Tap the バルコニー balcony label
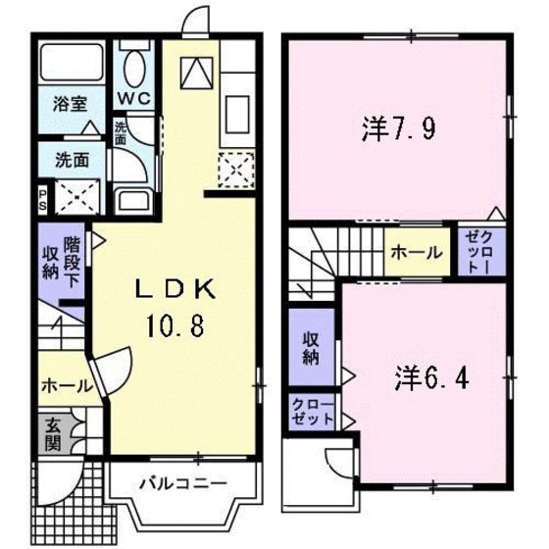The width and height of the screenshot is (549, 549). (182, 483)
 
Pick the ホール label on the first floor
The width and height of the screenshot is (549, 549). (61, 387)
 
